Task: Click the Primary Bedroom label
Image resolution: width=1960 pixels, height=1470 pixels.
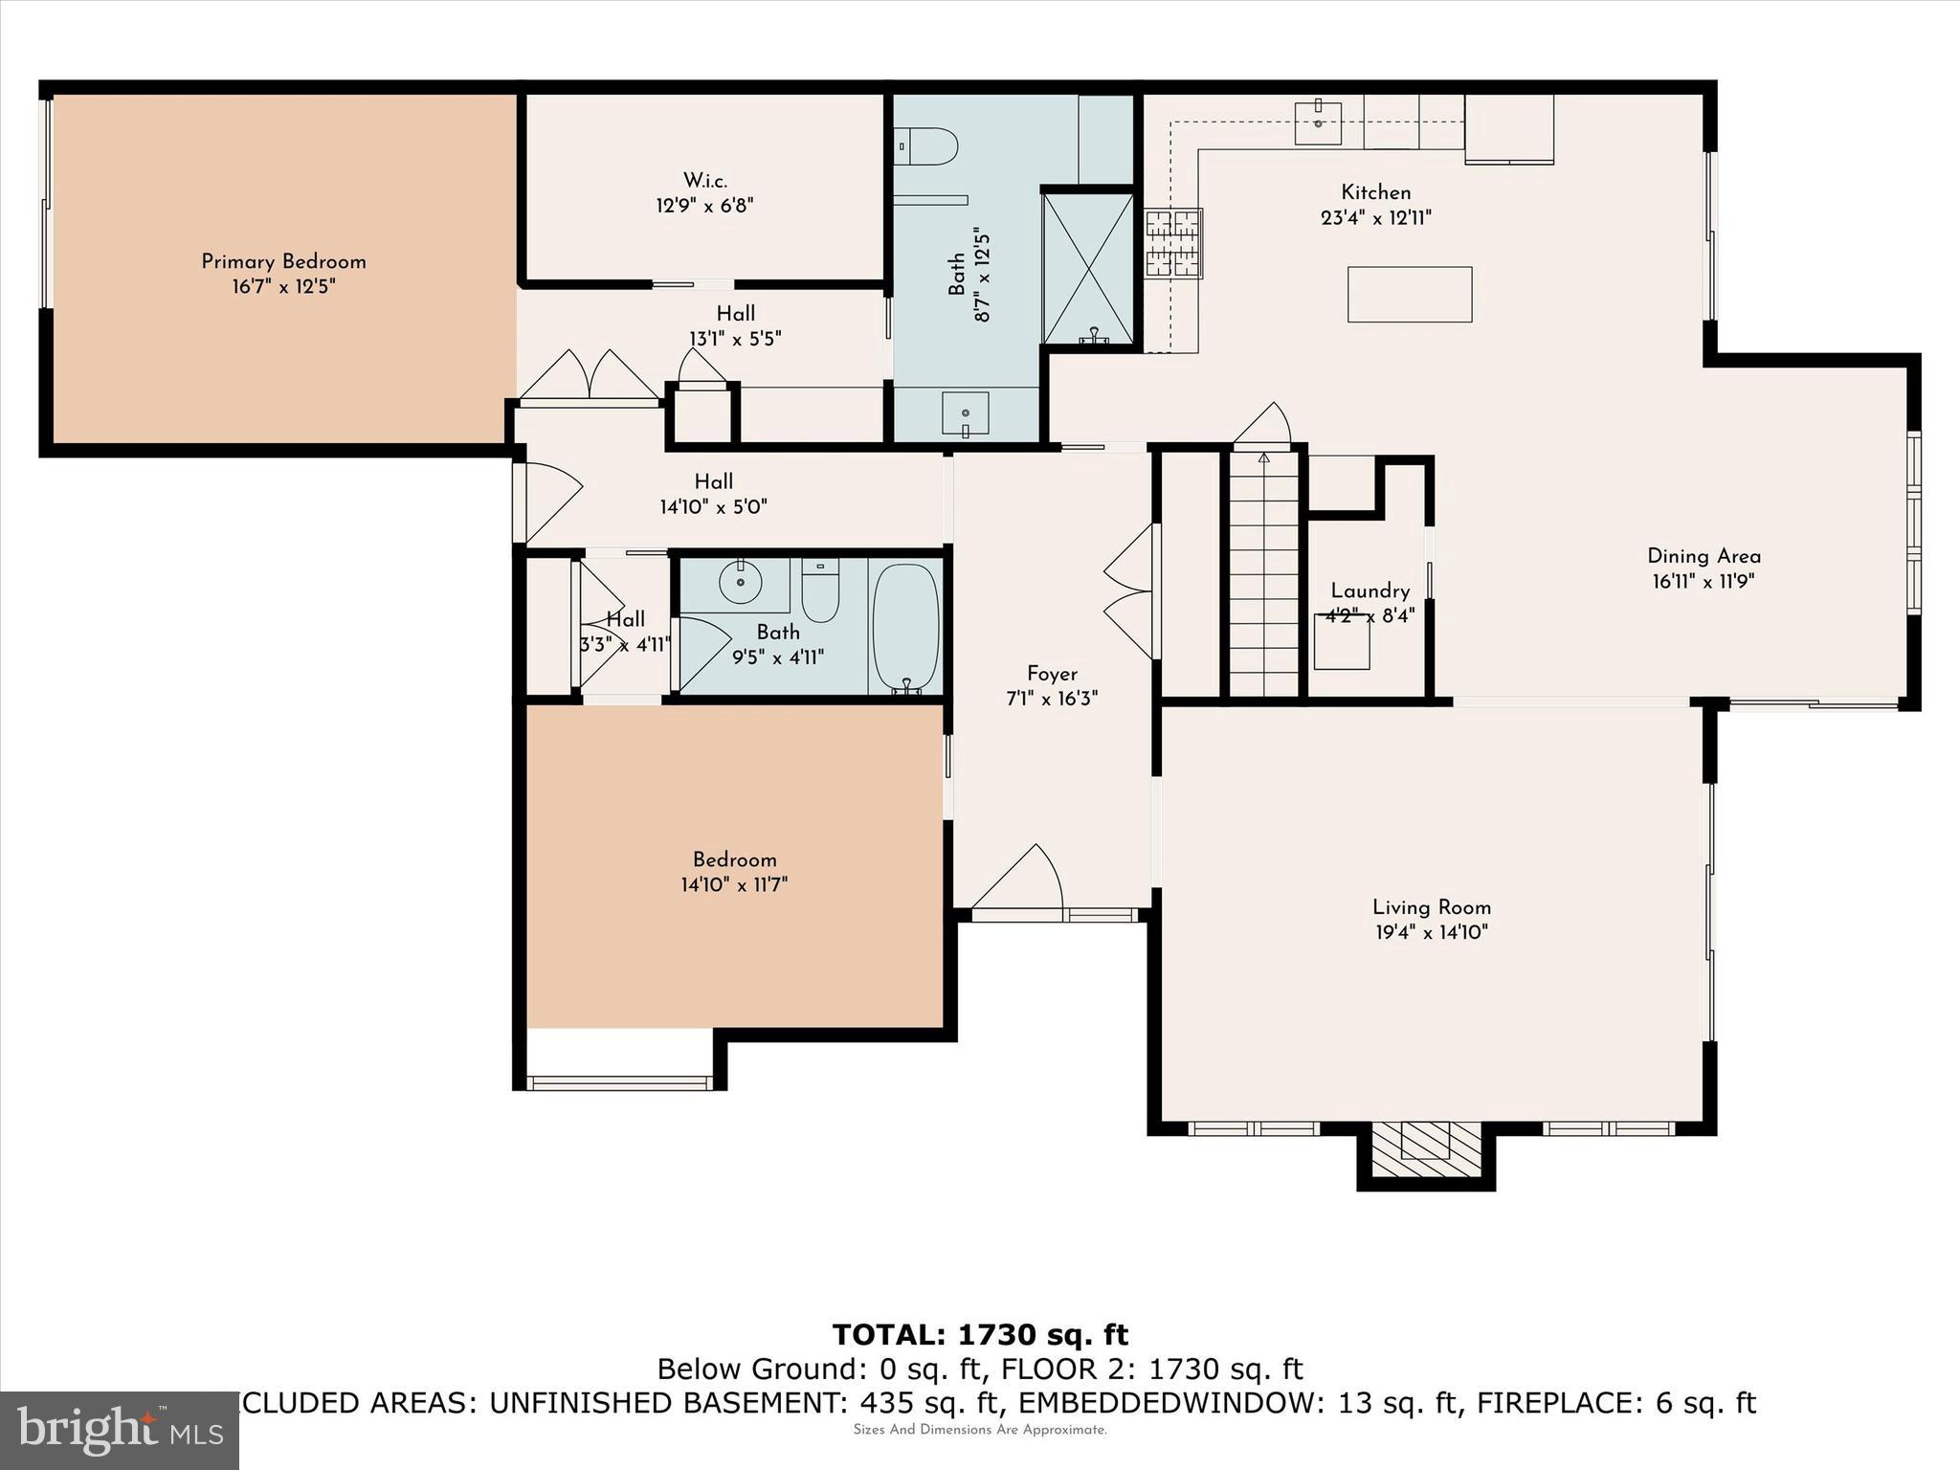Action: [x=283, y=261]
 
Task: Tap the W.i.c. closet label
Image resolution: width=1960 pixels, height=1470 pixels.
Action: [x=704, y=181]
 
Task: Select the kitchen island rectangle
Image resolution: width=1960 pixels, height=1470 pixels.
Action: [x=1409, y=294]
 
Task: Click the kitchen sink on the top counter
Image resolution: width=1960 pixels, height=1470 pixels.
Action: [x=1318, y=120]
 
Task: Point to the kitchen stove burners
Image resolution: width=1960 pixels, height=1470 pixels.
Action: [x=1173, y=243]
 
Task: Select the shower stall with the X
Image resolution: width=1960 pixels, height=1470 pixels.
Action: [x=1087, y=267]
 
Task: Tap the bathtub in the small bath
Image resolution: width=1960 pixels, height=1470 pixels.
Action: [x=904, y=626]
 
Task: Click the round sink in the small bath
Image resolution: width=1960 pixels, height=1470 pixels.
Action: [x=740, y=582]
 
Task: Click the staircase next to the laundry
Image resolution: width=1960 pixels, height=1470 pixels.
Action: [x=1263, y=574]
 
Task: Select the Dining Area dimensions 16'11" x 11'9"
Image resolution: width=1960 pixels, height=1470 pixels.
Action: [x=1703, y=581]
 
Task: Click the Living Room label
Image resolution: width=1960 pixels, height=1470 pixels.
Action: [x=1431, y=907]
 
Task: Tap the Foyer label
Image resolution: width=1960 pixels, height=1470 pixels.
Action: [x=1052, y=674]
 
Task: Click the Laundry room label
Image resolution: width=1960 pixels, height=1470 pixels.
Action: [x=1370, y=591]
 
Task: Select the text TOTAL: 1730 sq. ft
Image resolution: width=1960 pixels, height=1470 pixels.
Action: [x=979, y=1335]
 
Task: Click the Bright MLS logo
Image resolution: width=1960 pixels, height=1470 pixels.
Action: [x=120, y=1430]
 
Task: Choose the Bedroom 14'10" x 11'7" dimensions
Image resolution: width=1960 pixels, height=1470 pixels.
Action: [x=733, y=885]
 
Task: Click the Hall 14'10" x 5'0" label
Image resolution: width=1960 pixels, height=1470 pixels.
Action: [x=713, y=482]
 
